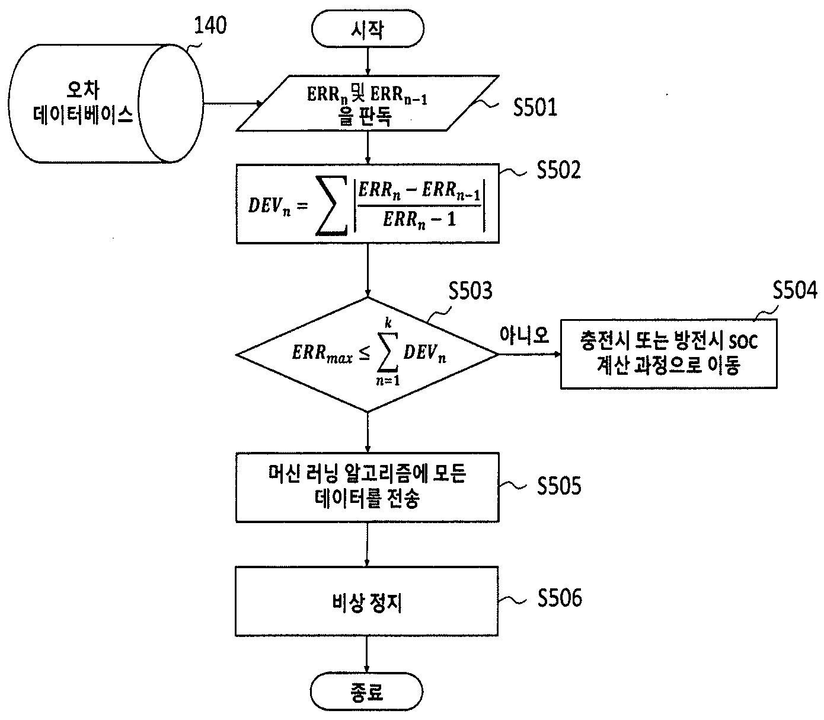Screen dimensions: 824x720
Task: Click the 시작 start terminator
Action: [x=368, y=29]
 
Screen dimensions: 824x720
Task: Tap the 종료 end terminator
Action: [x=367, y=692]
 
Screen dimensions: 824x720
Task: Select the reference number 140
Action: [x=210, y=25]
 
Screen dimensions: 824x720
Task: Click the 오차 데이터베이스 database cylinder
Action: [x=106, y=104]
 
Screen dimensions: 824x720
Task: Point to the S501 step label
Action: [x=535, y=107]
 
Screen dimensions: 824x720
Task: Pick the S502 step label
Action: [x=559, y=170]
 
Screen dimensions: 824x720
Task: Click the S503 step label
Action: [x=471, y=291]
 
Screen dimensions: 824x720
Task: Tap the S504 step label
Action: [x=795, y=289]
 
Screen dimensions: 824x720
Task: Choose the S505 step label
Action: [x=559, y=486]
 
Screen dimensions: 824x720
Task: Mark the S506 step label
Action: [x=560, y=597]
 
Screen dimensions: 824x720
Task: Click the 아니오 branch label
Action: [x=525, y=334]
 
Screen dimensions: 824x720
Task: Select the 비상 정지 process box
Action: [x=367, y=601]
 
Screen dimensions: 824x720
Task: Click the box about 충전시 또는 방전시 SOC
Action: [x=669, y=353]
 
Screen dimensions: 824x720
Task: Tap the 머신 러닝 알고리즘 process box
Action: [x=368, y=488]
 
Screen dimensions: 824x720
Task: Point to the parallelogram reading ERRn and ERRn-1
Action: [x=368, y=103]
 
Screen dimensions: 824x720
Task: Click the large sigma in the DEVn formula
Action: [x=331, y=205]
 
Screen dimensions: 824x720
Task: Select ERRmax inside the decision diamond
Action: [x=322, y=353]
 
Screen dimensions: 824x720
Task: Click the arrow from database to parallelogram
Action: [x=233, y=104]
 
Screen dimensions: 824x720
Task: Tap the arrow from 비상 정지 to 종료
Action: [x=367, y=654]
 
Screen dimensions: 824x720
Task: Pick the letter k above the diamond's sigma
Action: [x=388, y=323]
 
